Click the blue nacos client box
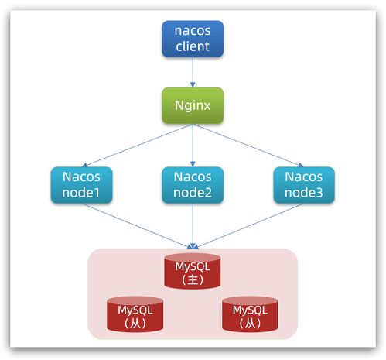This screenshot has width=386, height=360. coord(193,39)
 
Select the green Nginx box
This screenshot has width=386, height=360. coord(193,105)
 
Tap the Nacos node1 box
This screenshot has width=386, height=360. coord(82,186)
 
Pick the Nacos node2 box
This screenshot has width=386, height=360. coord(193,186)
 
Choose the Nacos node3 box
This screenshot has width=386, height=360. coord(303,186)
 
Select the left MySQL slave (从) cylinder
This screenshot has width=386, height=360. coord(135,314)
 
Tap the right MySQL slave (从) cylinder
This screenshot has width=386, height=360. coord(250,314)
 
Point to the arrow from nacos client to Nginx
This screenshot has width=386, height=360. coord(193,72)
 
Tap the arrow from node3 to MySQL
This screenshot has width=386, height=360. coord(248,226)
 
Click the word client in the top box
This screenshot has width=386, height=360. coord(193,46)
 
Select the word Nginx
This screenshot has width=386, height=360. coord(193,105)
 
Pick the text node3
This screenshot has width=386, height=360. coord(303,194)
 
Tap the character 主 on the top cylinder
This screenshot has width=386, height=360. coord(193,279)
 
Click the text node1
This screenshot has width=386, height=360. coord(82,194)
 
